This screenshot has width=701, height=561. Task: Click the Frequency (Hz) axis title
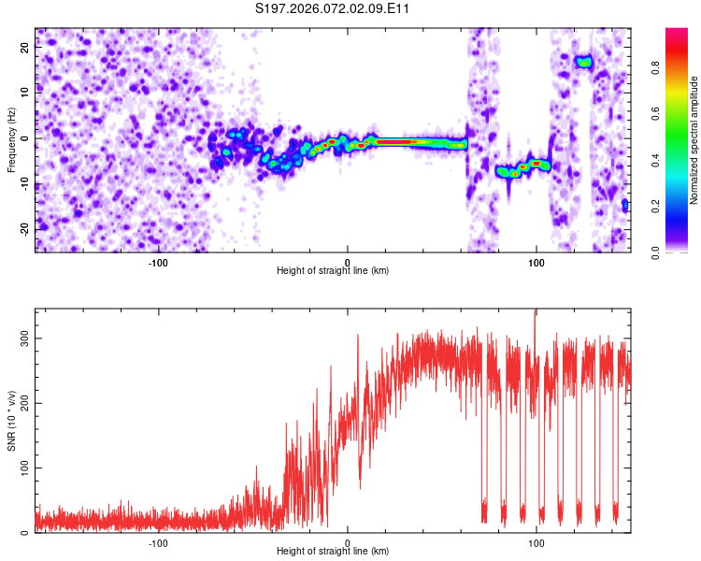tap(10, 139)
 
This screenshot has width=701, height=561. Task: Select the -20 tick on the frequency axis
tap(23, 228)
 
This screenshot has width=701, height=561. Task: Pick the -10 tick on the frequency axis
tap(23, 183)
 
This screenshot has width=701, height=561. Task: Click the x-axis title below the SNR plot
tap(333, 552)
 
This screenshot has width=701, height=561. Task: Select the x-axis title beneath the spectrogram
tap(333, 271)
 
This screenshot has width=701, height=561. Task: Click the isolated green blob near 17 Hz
tap(584, 63)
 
